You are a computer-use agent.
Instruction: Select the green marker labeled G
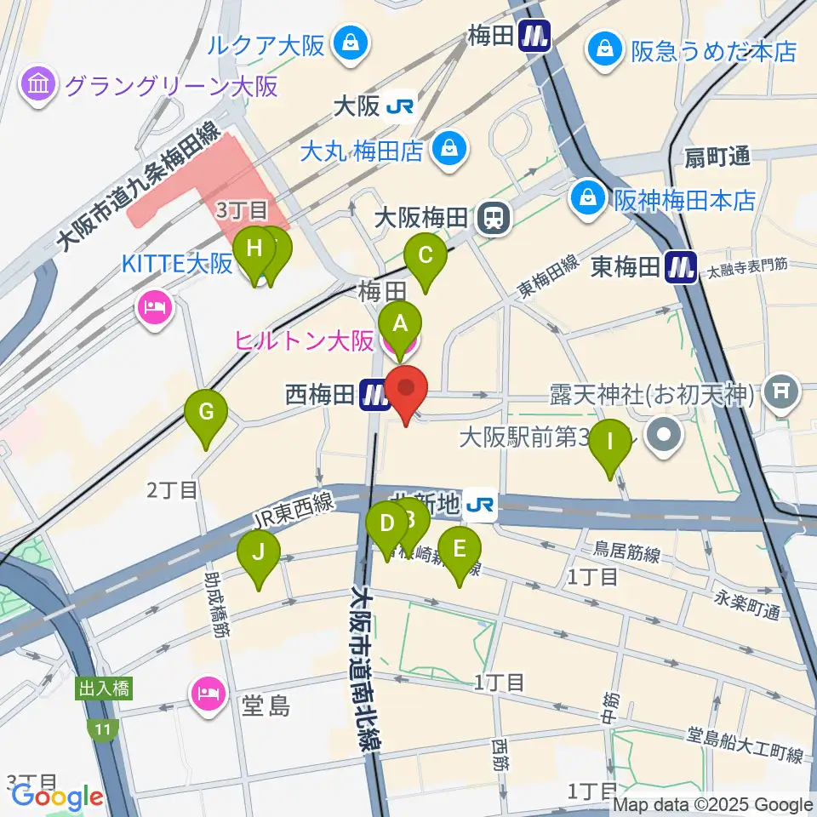206,414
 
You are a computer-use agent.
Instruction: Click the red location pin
407,391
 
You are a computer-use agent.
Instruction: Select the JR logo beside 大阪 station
397,106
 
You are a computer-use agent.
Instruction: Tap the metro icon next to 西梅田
374,394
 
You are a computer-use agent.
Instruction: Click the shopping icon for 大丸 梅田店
447,150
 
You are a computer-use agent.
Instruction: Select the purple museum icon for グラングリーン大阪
40,85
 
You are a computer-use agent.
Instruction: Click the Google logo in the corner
57,797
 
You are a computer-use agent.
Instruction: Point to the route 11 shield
103,728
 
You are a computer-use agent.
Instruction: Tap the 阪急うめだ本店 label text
713,51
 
